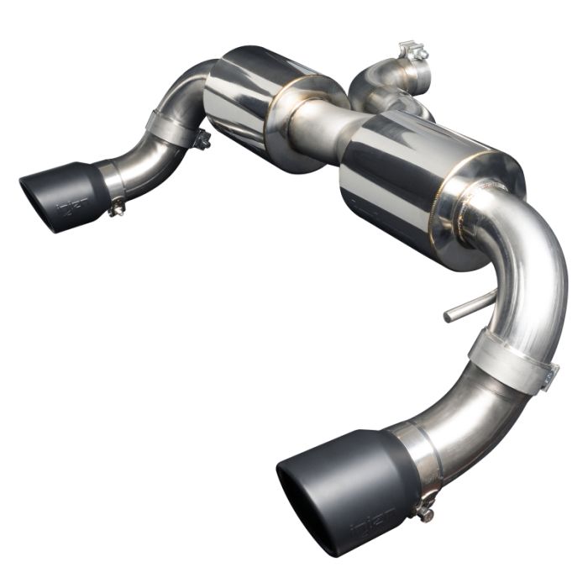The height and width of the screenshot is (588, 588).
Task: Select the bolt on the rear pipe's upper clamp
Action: (202, 141)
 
